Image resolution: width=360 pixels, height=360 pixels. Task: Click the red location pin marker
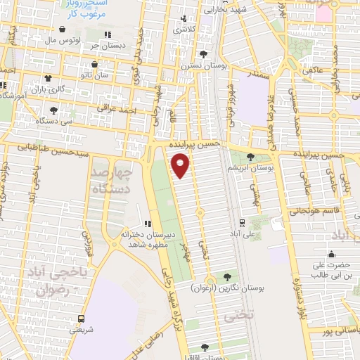[x=181, y=165]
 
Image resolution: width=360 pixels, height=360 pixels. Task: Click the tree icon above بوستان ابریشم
[x=251, y=156]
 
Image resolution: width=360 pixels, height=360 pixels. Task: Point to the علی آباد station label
[x=243, y=231]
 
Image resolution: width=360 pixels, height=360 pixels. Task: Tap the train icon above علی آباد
[x=242, y=221]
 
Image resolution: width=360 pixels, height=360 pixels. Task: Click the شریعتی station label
[x=83, y=328]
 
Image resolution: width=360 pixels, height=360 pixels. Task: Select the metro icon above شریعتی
[x=82, y=318]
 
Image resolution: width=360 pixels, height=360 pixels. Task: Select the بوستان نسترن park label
[x=203, y=65]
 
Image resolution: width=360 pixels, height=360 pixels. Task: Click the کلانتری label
[x=184, y=30]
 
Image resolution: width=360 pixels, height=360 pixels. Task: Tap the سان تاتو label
[x=96, y=73]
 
